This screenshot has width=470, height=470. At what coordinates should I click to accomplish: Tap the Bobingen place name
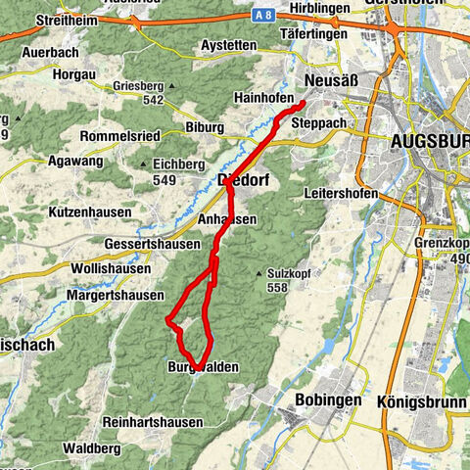tap(324, 400)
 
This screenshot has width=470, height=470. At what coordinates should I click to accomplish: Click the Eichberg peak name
tap(172, 164)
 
